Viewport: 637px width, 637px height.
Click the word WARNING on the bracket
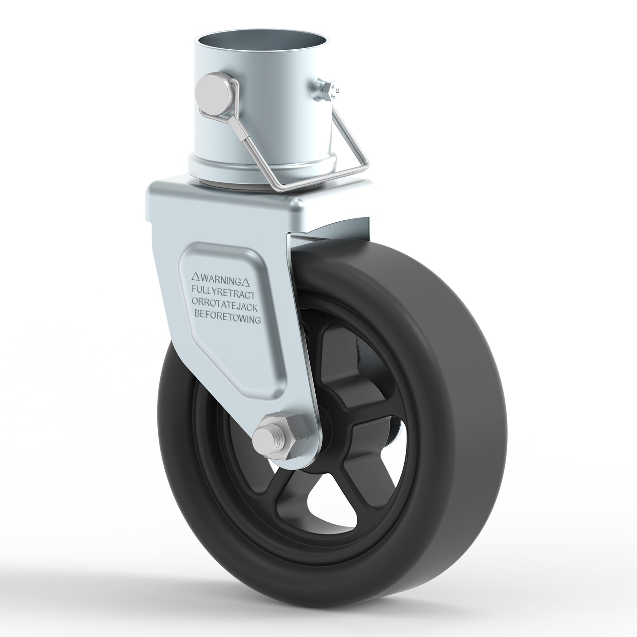pyautogui.click(x=222, y=281)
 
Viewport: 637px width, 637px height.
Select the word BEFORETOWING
pyautogui.click(x=227, y=319)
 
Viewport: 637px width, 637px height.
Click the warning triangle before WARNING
pyautogui.click(x=195, y=275)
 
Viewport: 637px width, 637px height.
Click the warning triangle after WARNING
pyautogui.click(x=247, y=282)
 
